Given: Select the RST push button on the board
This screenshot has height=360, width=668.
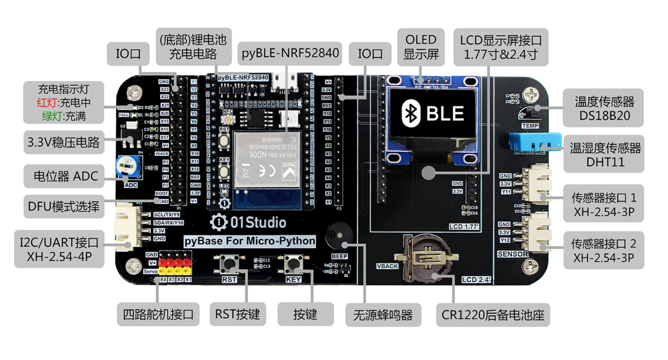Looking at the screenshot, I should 229,264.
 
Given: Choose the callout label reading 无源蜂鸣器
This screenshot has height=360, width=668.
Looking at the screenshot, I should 383,314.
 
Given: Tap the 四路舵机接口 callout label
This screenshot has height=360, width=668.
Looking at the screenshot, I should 158,314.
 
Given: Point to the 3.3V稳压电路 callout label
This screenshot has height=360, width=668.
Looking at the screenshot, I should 63,142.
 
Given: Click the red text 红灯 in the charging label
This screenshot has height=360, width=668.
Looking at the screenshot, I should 47,102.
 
